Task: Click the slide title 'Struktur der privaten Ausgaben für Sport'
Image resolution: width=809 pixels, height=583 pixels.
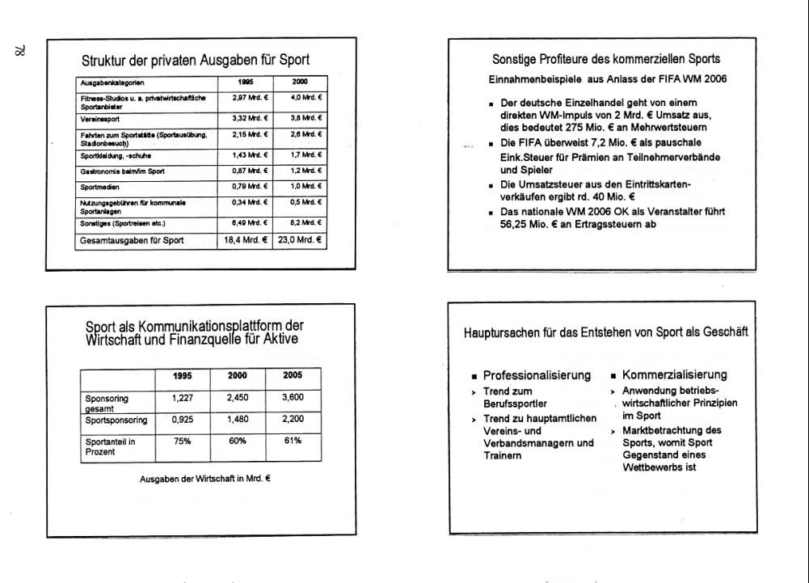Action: pos(196,60)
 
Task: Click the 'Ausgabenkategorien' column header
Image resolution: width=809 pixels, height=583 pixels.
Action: pos(111,82)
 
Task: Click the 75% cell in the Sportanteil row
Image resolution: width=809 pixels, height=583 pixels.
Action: pos(181,441)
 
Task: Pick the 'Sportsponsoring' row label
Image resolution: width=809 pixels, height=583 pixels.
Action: pos(116,420)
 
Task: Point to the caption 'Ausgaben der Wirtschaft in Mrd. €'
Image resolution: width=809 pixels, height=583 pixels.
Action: pos(205,479)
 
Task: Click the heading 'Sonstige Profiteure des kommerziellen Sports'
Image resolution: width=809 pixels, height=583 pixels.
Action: pos(606,59)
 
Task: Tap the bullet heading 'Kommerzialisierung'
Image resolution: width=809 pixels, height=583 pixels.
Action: pos(674,375)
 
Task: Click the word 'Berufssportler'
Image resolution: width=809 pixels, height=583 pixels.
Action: pos(516,403)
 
